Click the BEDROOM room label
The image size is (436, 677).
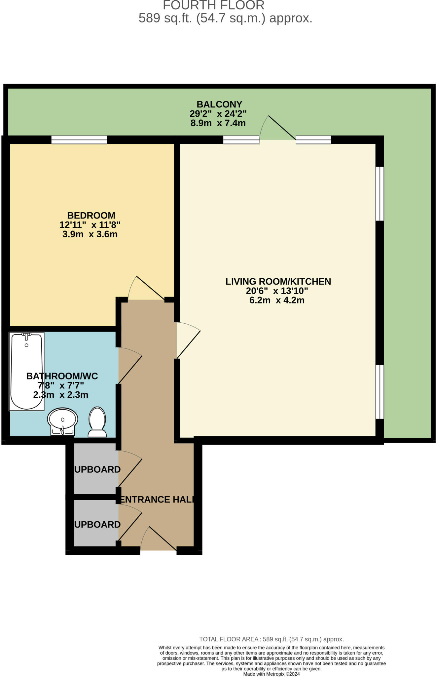pos(91,216)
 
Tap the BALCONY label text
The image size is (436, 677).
pos(219,104)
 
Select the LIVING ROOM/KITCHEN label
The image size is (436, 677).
pos(278,282)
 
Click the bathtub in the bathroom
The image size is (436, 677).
pos(27,371)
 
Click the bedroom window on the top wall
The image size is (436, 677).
pos(79,140)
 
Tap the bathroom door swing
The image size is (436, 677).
pos(130,365)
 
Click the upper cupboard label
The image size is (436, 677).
pos(97,469)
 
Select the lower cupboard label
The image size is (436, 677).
pos(97,525)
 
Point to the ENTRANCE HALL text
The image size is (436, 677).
pos(156,499)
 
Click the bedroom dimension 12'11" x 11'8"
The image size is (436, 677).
pos(90,225)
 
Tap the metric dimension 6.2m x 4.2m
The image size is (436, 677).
pos(277,300)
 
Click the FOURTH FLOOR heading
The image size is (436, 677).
pos(214,5)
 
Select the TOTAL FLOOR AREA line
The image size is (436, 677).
pos(272,639)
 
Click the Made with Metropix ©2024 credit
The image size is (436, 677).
pos(272,674)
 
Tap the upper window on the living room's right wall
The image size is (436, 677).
pos(380,194)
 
